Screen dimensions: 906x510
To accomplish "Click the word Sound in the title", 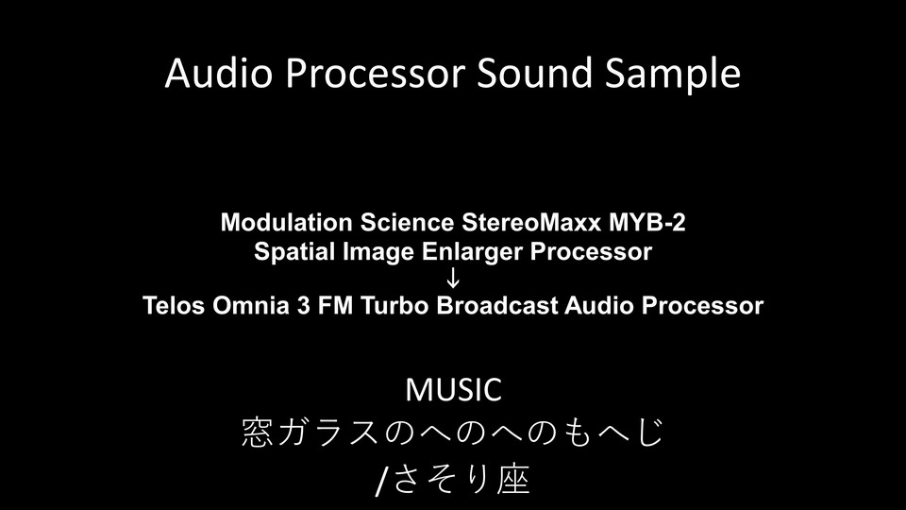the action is tap(534, 73).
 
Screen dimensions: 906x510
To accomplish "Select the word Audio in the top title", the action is tap(218, 73).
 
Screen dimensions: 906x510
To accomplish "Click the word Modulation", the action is tap(287, 223).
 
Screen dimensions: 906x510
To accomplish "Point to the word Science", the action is tap(408, 223).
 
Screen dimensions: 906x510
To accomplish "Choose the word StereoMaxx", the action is tap(531, 223).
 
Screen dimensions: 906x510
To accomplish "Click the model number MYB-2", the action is tap(647, 223).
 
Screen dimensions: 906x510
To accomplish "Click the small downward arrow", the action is tap(454, 279).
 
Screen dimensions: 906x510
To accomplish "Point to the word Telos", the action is tap(174, 306).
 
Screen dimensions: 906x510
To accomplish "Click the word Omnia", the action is tap(251, 306).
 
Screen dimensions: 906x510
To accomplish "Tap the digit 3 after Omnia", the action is tap(303, 306).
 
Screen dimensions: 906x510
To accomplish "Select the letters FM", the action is tap(336, 306).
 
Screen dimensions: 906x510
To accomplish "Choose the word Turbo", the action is tap(395, 306).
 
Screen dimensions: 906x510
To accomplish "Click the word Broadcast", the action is tap(497, 306).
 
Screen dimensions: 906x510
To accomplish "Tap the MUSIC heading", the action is tap(454, 390).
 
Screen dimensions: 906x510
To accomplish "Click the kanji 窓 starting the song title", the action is tap(257, 433).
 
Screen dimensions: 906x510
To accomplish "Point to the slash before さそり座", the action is tap(380, 481).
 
